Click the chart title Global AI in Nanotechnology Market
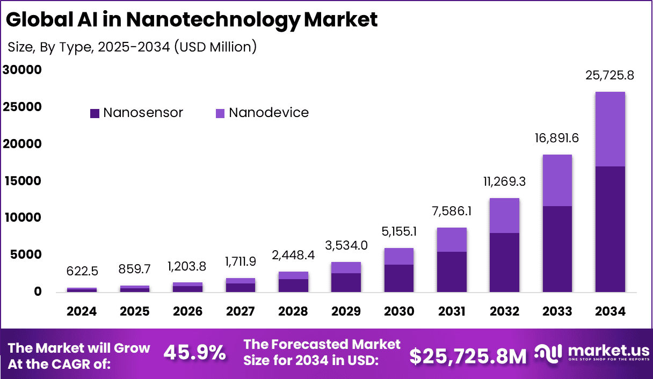[192, 20]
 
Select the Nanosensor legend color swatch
[95, 113]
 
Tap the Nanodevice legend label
[269, 113]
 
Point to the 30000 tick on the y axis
[22, 70]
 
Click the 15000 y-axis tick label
[22, 181]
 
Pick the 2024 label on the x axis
[82, 312]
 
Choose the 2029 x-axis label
[346, 312]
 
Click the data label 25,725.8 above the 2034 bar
[610, 76]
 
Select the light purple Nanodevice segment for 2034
[610, 129]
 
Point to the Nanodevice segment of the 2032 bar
[504, 215]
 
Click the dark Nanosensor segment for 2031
[452, 272]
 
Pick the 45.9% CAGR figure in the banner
[194, 353]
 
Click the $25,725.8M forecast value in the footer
[468, 355]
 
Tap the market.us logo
[591, 354]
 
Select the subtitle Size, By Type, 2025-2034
[132, 47]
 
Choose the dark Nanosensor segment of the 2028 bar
[293, 285]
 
